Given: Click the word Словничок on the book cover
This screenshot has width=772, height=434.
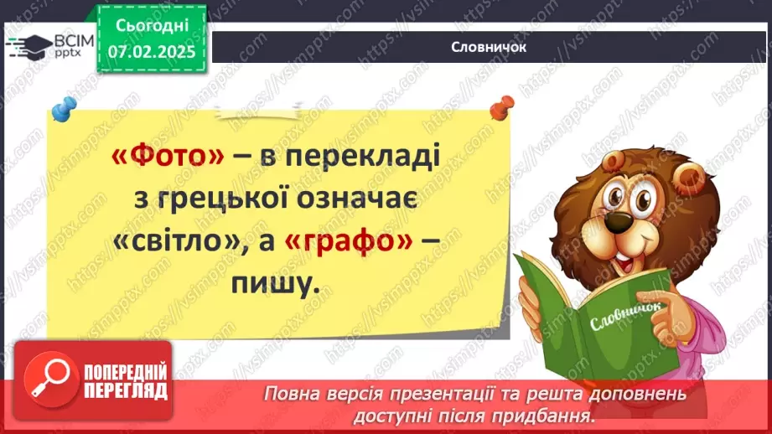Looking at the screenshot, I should (x=624, y=317).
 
